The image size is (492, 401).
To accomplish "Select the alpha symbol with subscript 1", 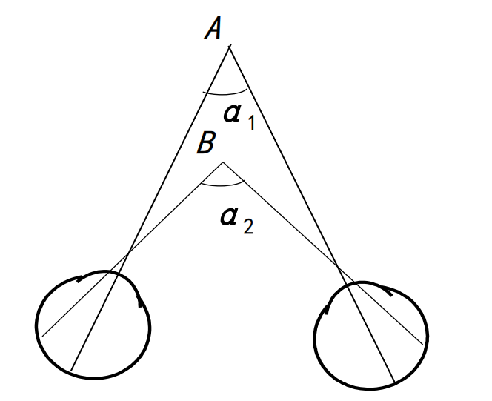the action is point(232,114).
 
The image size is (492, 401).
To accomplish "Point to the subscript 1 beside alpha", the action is point(250,124).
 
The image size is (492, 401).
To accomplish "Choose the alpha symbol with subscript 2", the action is point(230,216).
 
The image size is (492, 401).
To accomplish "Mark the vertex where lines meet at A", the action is point(229,47).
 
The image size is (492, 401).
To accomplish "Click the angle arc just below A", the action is point(226,93).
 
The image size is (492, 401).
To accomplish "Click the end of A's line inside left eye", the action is point(72,369).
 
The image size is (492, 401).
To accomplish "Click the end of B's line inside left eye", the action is point(43,336).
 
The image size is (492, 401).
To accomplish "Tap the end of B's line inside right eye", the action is point(425,344).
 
